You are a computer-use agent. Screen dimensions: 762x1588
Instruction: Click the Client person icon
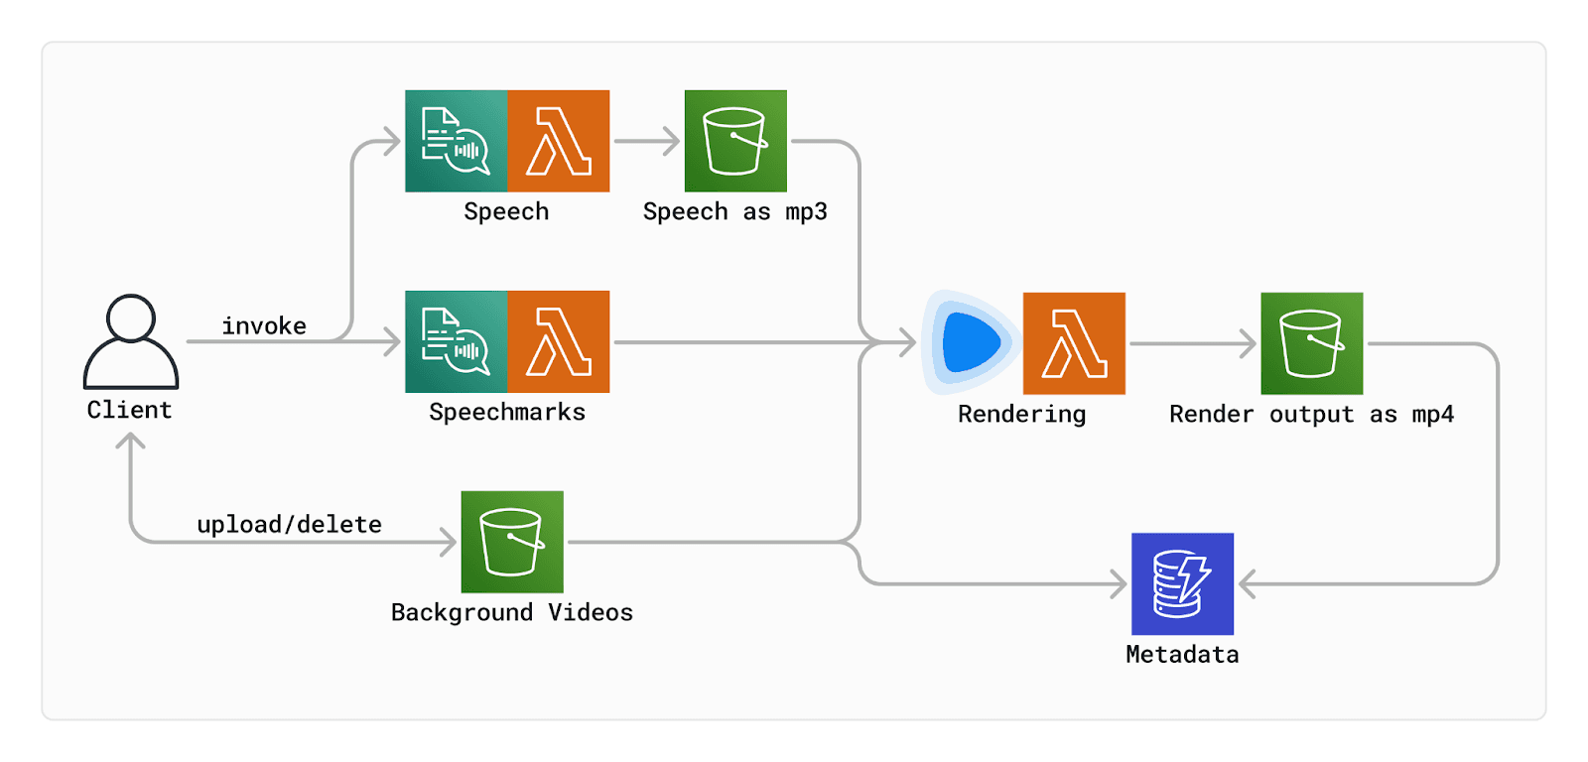pos(130,342)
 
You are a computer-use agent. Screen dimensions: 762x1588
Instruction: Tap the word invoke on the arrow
pos(264,325)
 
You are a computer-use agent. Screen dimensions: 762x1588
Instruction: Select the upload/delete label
pos(289,524)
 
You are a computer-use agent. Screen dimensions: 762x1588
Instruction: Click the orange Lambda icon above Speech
pos(558,141)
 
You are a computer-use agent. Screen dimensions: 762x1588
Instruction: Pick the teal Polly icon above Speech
pos(457,141)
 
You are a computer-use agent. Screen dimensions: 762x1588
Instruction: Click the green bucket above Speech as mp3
pos(735,141)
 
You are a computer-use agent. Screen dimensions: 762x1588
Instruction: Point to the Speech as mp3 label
pos(734,211)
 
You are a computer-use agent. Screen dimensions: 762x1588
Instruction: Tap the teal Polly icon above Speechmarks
pos(457,341)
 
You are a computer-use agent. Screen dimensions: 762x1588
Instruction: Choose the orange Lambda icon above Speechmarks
pos(558,341)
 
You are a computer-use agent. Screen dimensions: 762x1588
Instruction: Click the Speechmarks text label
pos(506,412)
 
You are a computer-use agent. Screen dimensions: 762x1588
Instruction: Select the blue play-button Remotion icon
pos(971,342)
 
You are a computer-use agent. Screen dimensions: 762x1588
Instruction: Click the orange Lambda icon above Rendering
pos(1074,343)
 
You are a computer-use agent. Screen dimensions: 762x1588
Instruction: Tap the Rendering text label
pos(1021,414)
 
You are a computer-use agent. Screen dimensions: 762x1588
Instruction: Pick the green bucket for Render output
pos(1311,343)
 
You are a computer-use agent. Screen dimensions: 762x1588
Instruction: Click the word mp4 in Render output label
pos(1432,414)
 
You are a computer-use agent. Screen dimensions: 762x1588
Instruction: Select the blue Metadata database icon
pos(1182,583)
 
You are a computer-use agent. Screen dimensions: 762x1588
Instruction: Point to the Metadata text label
pos(1182,654)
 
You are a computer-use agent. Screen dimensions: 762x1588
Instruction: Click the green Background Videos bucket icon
pos(512,542)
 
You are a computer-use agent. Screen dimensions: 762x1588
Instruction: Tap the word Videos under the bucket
pos(590,612)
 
